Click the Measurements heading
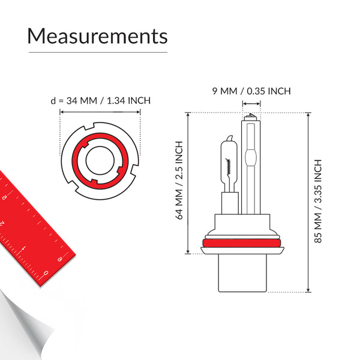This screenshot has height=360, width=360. pos(98,36)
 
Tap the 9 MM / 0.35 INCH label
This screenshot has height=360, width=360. pos(251,91)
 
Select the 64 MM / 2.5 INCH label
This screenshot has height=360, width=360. pos(179,180)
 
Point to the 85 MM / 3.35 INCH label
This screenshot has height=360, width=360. pos(318,201)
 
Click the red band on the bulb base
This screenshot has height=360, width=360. pos(242,243)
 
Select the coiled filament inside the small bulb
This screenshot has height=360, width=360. pos(228,166)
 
